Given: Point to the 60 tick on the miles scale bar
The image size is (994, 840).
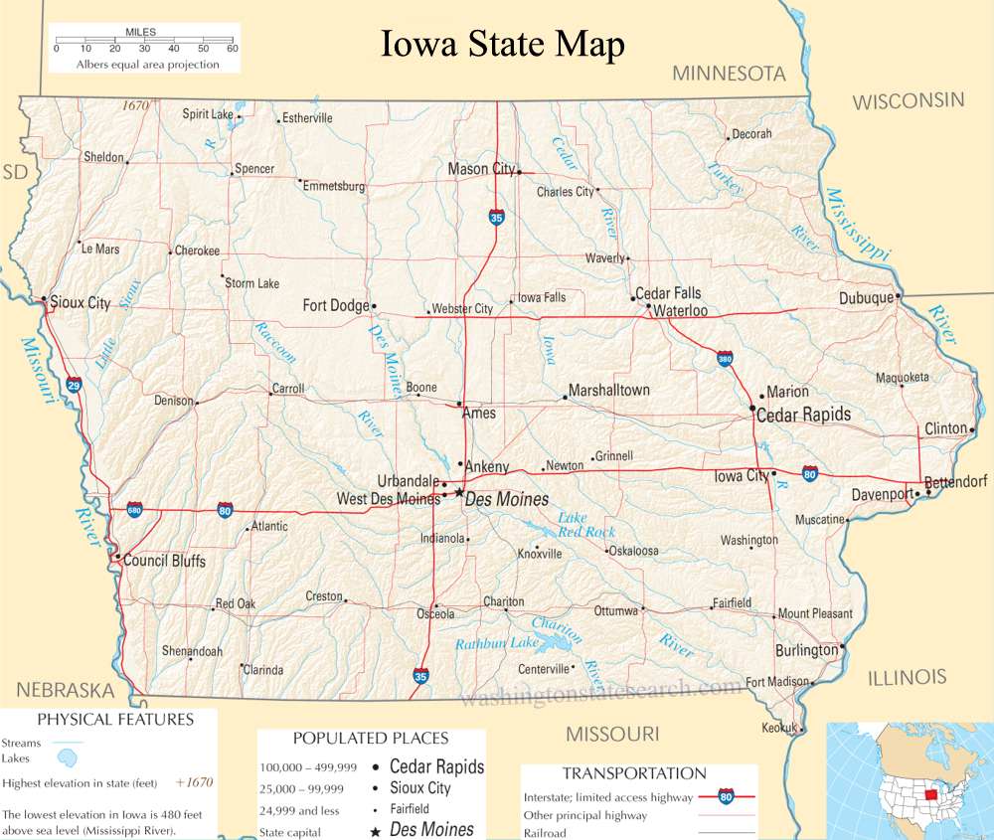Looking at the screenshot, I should click(x=232, y=48).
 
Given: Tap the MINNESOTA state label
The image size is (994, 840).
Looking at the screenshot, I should click(x=729, y=74).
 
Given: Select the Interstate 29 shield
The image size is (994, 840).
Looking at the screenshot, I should click(x=75, y=383).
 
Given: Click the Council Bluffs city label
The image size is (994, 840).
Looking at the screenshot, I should click(x=165, y=561).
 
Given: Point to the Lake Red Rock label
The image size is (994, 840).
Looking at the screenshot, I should click(x=586, y=525).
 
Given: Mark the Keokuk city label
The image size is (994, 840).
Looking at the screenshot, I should click(x=778, y=728).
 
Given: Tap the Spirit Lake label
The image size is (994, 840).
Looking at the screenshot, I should click(x=207, y=114).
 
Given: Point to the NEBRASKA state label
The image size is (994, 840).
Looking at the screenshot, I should click(x=65, y=690).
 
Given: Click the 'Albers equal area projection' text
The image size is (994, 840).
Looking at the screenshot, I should click(x=147, y=65).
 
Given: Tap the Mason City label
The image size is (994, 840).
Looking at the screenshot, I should click(x=481, y=169).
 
